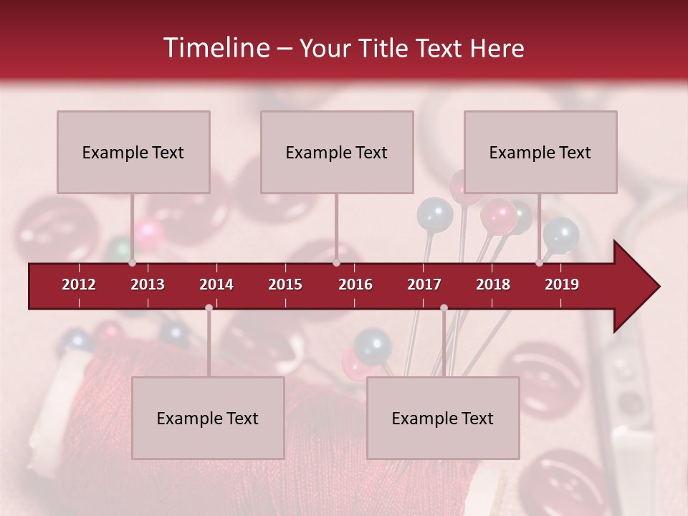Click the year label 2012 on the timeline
click(79, 285)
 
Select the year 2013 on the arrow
click(148, 285)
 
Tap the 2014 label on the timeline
click(216, 285)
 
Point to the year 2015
click(285, 285)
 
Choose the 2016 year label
click(355, 285)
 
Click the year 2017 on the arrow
click(424, 285)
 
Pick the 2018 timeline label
click(493, 285)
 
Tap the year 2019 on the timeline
click(562, 285)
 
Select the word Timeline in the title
click(216, 48)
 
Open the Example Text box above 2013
click(133, 152)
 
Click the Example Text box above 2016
click(337, 152)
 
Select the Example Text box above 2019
click(540, 152)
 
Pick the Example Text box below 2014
click(208, 418)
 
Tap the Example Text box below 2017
click(443, 418)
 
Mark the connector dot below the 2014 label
click(209, 307)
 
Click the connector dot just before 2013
click(132, 263)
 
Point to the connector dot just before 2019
click(539, 263)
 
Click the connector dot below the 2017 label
click(444, 307)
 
